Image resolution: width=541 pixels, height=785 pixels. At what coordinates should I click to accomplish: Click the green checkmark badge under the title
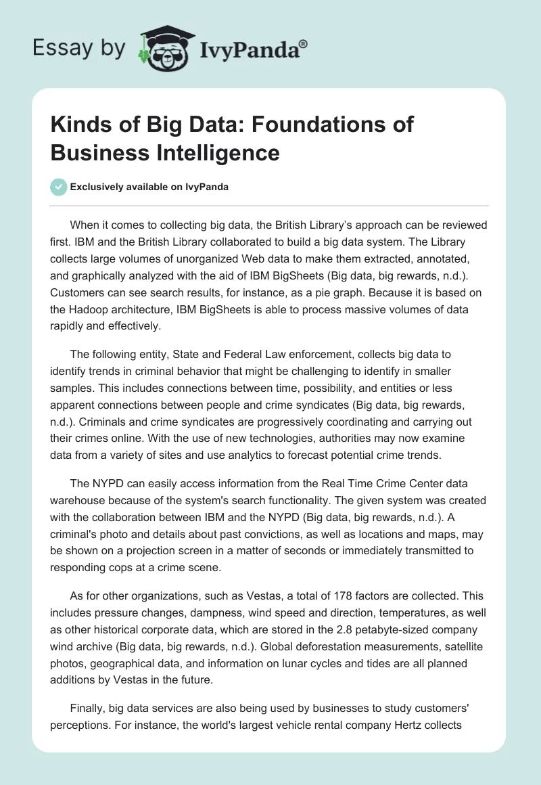[59, 187]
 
